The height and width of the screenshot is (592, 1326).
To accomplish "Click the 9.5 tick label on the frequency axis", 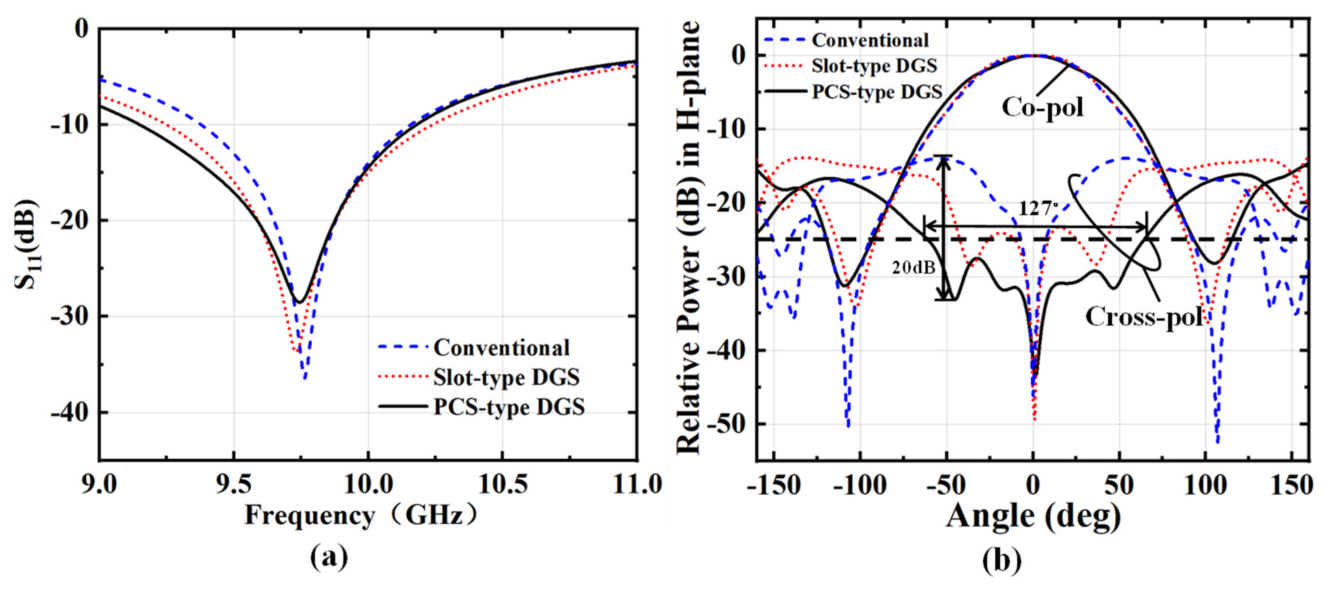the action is [234, 485].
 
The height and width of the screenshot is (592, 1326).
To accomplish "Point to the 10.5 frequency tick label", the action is [503, 485].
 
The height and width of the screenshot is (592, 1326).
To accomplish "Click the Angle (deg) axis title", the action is [1034, 516].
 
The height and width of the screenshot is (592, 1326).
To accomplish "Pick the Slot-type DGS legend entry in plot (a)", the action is [479, 378].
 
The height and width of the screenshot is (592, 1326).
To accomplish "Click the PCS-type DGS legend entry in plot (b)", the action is [853, 92].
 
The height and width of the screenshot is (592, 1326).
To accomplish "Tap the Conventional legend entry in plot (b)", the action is [847, 40].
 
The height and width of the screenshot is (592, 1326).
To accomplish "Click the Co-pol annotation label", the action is [1042, 107].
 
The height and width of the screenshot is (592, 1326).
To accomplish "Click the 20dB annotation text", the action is [914, 268].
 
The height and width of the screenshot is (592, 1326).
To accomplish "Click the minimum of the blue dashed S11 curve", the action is [305, 378].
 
